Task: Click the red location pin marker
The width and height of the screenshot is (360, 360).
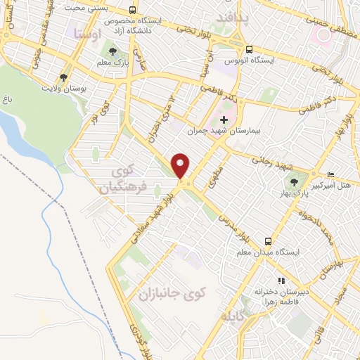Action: click(181, 165)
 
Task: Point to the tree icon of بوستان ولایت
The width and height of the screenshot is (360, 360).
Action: click(65, 77)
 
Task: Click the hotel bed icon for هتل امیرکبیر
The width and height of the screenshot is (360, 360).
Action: click(331, 175)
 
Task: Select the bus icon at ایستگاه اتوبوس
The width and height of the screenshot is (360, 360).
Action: click(249, 49)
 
